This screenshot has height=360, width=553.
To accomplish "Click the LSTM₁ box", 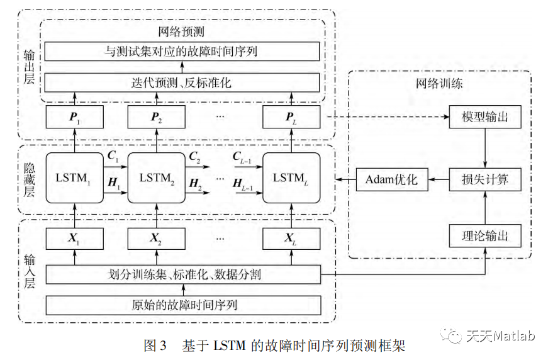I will coord(74,178).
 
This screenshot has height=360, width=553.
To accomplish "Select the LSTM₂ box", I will coord(156,178).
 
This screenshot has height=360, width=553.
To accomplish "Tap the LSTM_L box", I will coord(291,178).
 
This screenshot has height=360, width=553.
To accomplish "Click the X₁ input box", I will coord(74,239).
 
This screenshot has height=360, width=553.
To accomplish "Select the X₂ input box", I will coord(156,239).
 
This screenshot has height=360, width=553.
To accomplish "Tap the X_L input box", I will coord(291,239).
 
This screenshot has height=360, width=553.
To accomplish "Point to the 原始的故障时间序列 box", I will coord(184,305).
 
